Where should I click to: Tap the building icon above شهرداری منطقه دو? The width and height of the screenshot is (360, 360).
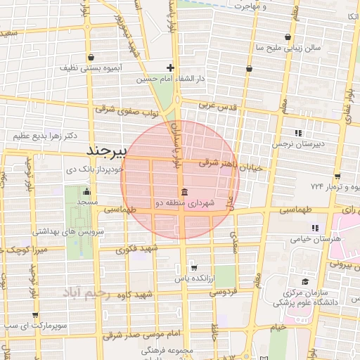[x=184, y=193]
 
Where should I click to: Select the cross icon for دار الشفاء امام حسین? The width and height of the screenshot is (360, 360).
[x=170, y=68]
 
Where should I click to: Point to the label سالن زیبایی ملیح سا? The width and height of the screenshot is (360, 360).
[x=288, y=49]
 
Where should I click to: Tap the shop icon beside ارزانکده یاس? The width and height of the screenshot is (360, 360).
[x=193, y=268]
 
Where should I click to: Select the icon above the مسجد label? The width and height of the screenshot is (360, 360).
[x=86, y=191]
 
